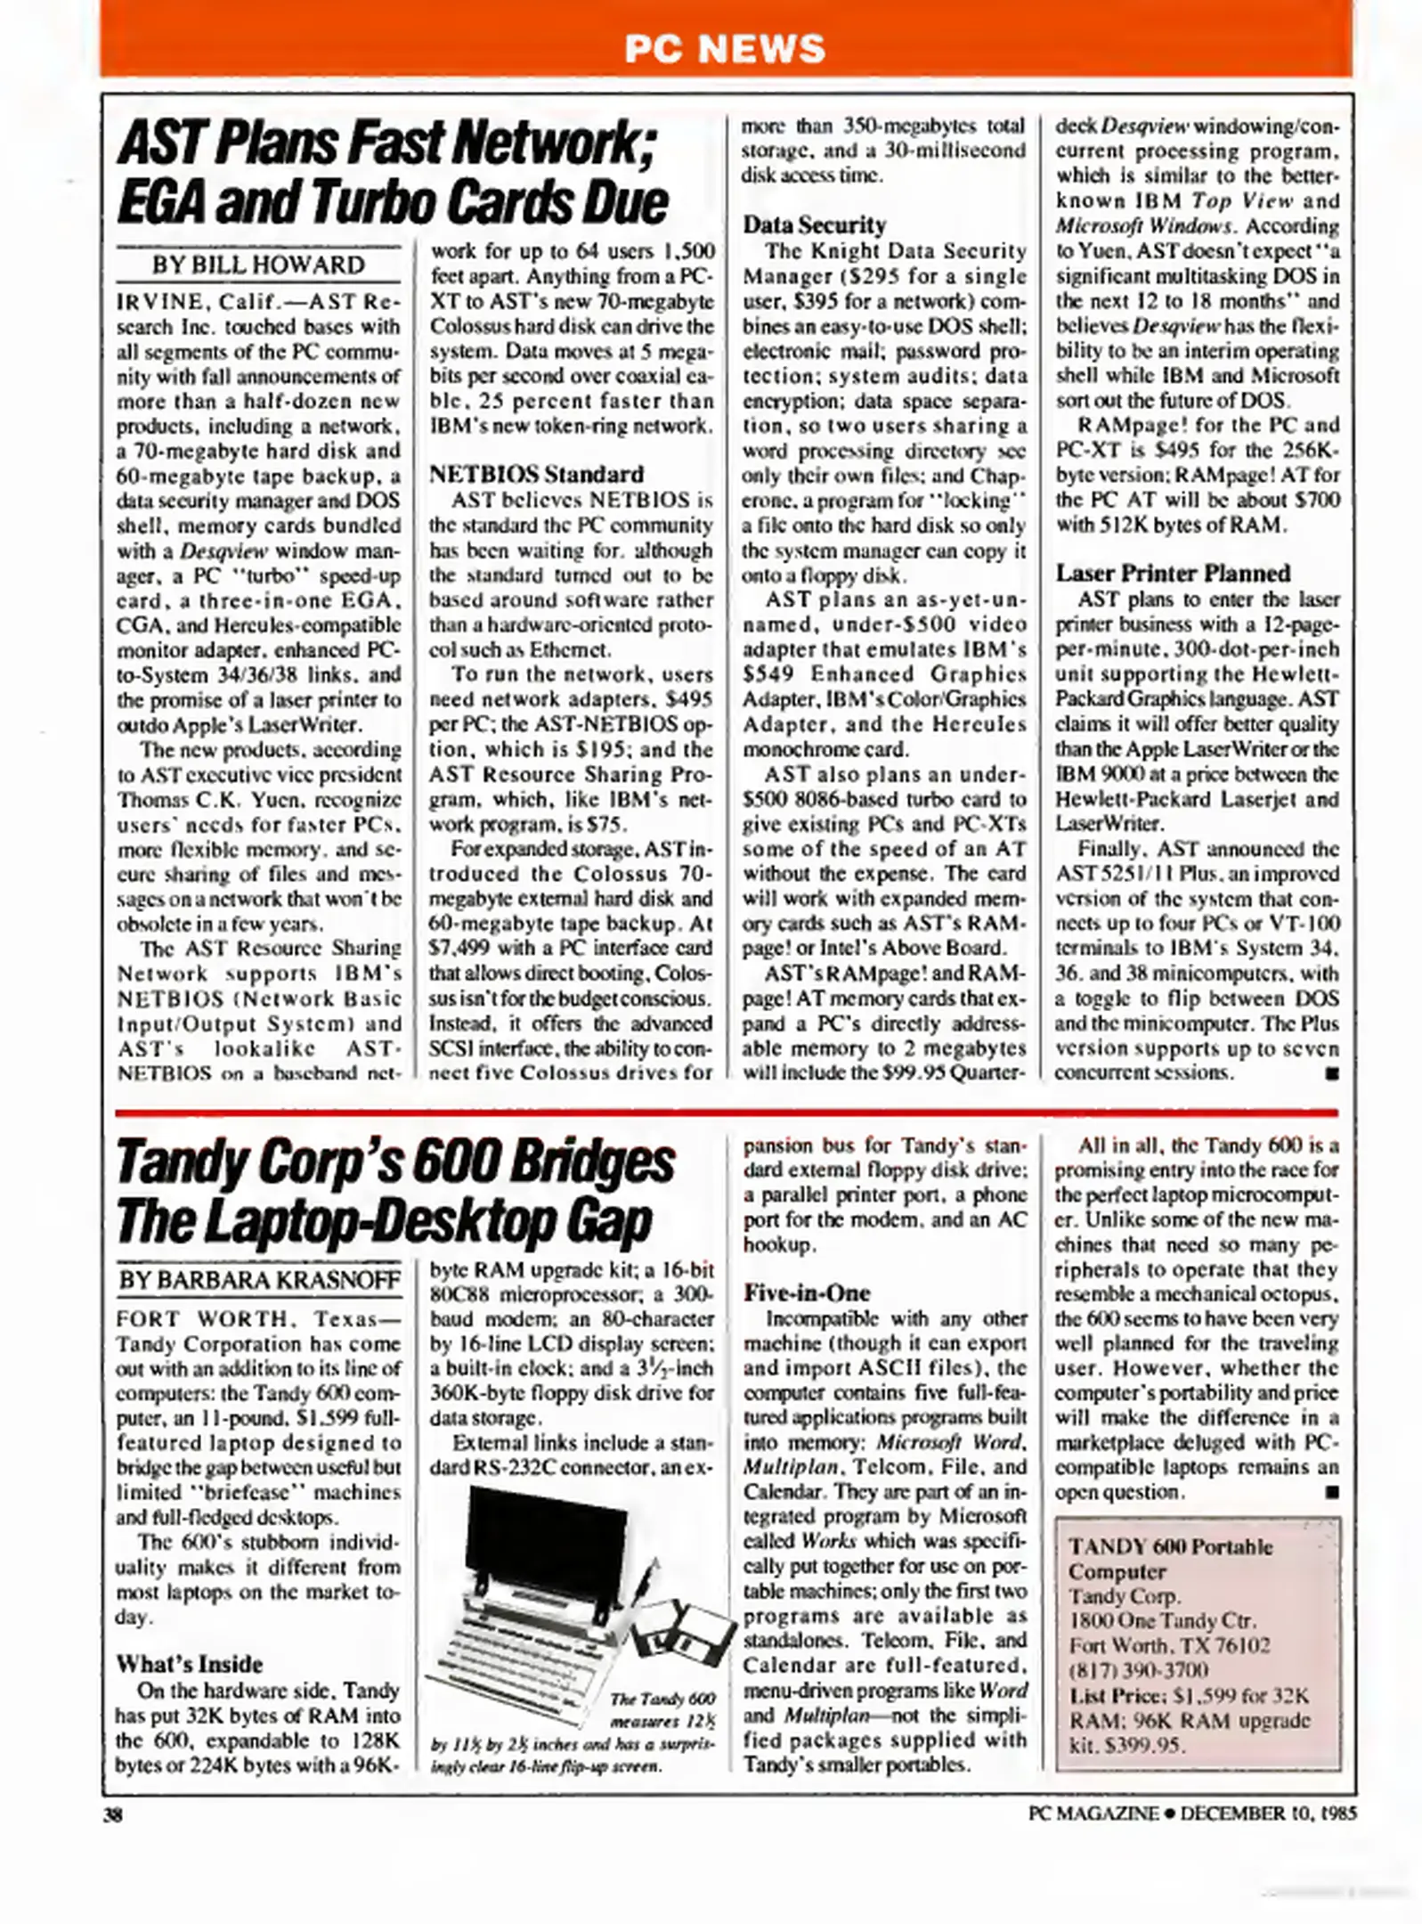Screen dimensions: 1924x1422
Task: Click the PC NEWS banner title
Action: [724, 48]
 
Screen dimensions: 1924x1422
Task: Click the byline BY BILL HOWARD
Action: [257, 265]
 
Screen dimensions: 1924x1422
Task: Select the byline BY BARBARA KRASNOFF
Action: [259, 1280]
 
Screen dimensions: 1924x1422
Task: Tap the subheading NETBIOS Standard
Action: [535, 474]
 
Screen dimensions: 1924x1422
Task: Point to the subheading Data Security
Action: [815, 224]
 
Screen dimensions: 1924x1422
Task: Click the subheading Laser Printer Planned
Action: [1173, 573]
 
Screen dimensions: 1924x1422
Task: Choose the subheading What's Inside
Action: [189, 1664]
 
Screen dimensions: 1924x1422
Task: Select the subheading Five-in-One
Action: [807, 1292]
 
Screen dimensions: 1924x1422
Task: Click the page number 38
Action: [112, 1814]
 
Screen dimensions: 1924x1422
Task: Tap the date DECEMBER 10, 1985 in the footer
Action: [1268, 1814]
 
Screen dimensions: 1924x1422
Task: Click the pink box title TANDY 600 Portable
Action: [1170, 1547]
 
